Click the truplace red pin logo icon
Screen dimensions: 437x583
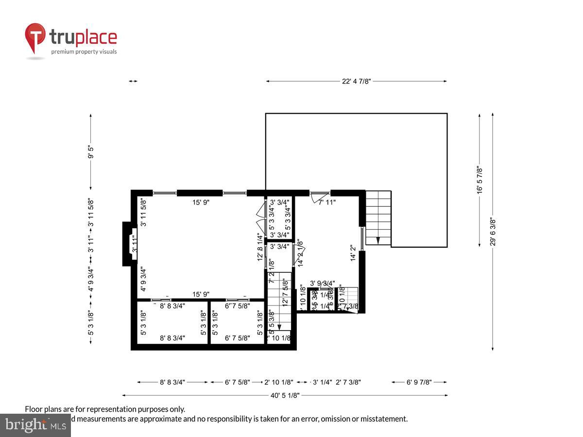[35, 38]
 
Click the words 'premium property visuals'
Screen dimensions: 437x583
[84, 51]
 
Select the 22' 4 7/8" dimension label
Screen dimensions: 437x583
[356, 82]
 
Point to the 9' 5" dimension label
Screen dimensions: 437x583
[90, 152]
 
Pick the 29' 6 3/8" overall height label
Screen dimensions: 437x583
[493, 231]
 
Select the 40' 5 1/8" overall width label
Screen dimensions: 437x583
[285, 395]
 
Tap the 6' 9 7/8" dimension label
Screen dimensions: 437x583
[419, 382]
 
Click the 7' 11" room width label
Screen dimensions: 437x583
[327, 202]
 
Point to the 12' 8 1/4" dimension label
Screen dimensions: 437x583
[260, 247]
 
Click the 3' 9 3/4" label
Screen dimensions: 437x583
[323, 283]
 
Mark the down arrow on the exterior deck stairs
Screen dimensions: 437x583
[378, 239]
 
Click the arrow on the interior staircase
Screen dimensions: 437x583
[279, 327]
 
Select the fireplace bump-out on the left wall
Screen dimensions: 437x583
[128, 244]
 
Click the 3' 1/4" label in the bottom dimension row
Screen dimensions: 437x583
[322, 382]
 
